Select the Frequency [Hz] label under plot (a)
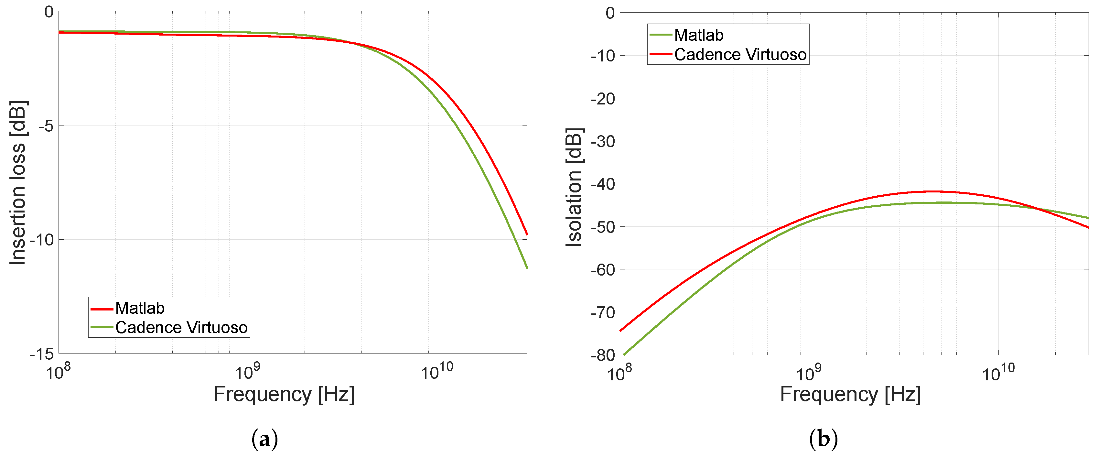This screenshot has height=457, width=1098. [x=284, y=394]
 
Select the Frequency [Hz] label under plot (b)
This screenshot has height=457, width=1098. [x=850, y=394]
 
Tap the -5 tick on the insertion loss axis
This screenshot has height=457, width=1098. [x=46, y=126]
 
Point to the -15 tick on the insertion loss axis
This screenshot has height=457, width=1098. [x=42, y=354]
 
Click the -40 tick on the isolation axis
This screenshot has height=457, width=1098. [x=603, y=184]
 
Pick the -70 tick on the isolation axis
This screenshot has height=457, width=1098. [x=603, y=312]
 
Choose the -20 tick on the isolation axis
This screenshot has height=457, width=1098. [x=603, y=98]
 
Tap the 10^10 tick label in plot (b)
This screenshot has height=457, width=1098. [x=998, y=373]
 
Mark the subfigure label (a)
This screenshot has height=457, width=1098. [x=265, y=439]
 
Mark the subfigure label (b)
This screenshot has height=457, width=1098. [x=823, y=439]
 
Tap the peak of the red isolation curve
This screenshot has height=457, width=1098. [x=933, y=191]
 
